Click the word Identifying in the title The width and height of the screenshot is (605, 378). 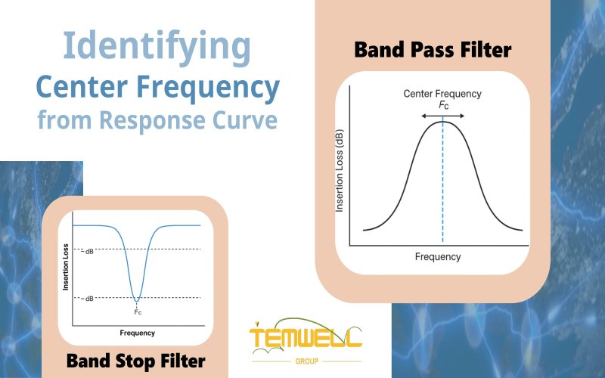(x=157, y=47)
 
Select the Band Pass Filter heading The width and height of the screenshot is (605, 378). (x=433, y=50)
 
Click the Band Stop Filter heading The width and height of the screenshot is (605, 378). (x=135, y=361)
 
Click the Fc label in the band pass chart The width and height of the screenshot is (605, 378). (x=442, y=105)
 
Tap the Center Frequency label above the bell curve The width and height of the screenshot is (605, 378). (x=442, y=94)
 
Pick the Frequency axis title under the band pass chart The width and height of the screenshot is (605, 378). (x=437, y=257)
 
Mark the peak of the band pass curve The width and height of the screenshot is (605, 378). (x=442, y=122)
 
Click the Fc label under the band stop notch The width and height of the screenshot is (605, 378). (x=137, y=311)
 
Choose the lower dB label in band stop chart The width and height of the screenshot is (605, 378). (x=89, y=298)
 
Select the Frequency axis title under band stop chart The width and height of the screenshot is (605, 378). (x=137, y=333)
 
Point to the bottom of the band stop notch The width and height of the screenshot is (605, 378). (x=137, y=300)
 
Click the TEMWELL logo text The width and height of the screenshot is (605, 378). (x=306, y=336)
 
